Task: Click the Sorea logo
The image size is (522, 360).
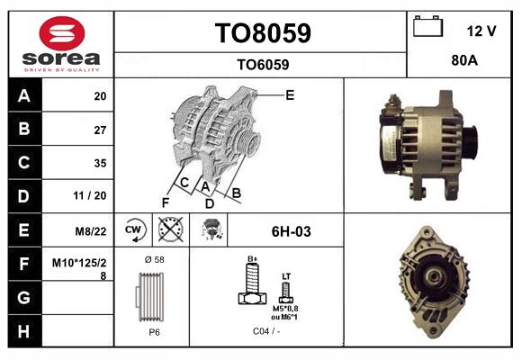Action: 61,44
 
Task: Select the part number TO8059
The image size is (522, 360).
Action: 262,33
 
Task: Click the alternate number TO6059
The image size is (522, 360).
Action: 262,64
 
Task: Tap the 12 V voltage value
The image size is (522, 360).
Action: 481,31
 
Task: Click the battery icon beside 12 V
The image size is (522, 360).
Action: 427,27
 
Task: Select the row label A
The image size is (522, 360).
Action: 24,95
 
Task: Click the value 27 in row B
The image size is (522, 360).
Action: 100,130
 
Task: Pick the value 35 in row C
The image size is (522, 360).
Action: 100,163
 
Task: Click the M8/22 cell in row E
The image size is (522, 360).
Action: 93,230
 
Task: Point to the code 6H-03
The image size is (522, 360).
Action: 291,231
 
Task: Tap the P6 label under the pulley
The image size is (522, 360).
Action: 154,331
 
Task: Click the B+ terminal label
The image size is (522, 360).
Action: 253,259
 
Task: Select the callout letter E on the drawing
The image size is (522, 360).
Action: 290,94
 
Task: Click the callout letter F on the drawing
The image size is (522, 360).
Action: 165,202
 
